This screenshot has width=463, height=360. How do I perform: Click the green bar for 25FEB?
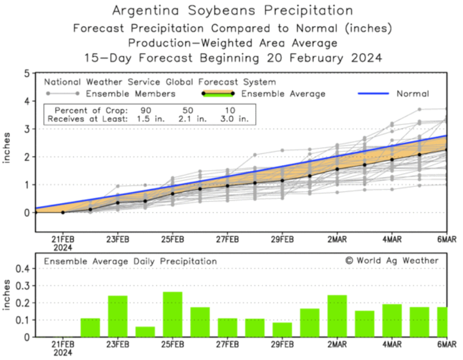(172, 315)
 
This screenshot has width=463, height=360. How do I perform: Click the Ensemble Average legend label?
(283, 93)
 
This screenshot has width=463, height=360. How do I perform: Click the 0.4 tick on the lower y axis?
(23, 269)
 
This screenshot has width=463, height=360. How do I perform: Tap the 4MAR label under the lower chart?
(392, 344)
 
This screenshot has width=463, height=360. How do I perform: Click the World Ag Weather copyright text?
(392, 260)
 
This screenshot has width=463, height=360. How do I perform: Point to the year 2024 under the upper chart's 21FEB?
(63, 247)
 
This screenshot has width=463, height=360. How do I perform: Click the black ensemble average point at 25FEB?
(172, 194)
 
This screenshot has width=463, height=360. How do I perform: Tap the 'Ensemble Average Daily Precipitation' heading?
(130, 261)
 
